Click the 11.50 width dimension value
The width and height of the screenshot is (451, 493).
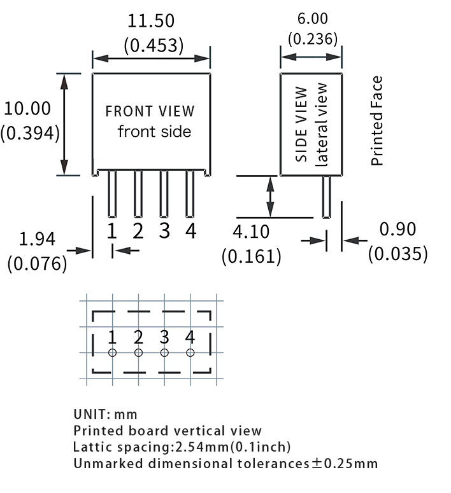pyautogui.click(x=151, y=21)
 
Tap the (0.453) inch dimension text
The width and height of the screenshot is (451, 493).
pyautogui.click(x=154, y=45)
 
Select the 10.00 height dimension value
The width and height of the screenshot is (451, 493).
pyautogui.click(x=27, y=108)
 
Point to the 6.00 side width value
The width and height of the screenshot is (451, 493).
pyautogui.click(x=312, y=20)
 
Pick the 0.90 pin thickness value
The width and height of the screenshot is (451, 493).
pyautogui.click(x=397, y=229)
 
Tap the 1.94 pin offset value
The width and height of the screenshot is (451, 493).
pyautogui.click(x=38, y=240)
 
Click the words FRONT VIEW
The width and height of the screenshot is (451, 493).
pyautogui.click(x=150, y=111)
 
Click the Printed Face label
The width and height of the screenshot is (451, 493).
pyautogui.click(x=377, y=121)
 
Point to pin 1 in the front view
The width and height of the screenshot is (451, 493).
pyautogui.click(x=112, y=195)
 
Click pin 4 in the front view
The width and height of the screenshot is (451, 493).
pyautogui.click(x=190, y=195)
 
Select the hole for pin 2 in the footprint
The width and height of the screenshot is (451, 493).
pyautogui.click(x=138, y=352)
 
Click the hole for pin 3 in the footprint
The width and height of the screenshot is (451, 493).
pyautogui.click(x=164, y=352)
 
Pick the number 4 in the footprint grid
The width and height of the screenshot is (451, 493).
pyautogui.click(x=190, y=337)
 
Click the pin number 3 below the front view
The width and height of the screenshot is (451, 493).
pyautogui.click(x=164, y=230)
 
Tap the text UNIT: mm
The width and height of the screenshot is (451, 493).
pyautogui.click(x=105, y=415)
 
